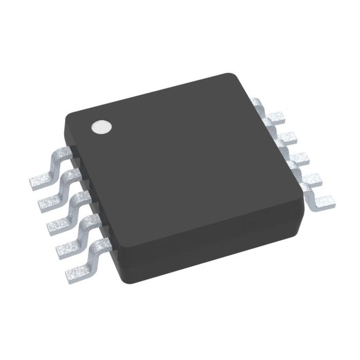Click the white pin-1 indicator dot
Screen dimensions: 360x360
pos(101,127)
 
